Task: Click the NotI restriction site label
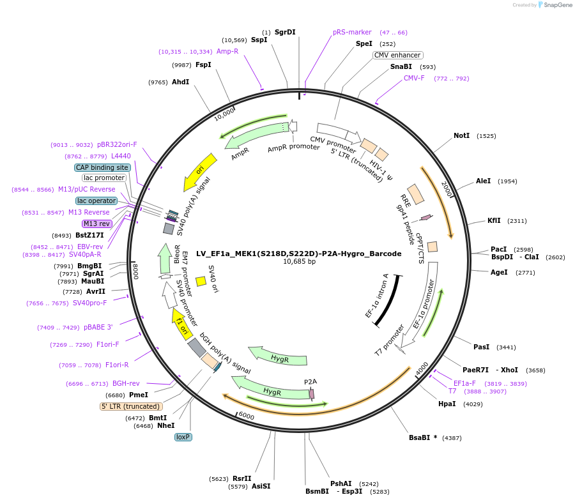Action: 461,135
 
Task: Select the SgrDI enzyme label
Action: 285,32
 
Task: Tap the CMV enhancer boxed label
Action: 397,55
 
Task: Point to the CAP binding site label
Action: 102,167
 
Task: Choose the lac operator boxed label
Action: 96,201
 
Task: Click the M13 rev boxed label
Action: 96,224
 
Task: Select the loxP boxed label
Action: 183,437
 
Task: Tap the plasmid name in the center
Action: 299,254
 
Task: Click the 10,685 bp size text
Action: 299,262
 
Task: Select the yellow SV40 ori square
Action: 201,281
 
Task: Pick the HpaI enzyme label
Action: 447,404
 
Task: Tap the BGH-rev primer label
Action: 126,383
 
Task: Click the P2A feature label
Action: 310,382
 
